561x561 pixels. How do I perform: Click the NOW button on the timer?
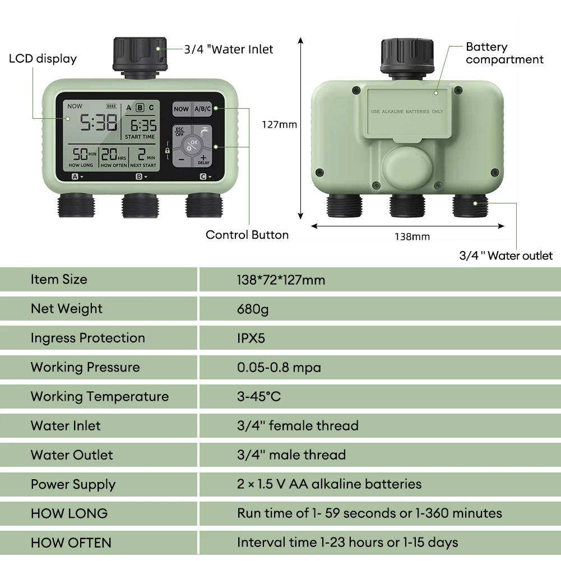[181, 109]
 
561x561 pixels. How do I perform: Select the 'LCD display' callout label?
[43, 59]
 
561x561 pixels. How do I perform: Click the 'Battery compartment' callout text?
[504, 53]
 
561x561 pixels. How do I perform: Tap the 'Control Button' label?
[247, 235]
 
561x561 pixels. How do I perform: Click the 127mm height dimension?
[279, 124]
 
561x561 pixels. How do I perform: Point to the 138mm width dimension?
[412, 237]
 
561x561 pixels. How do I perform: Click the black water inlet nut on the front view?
[140, 53]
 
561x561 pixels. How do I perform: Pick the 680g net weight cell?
[253, 309]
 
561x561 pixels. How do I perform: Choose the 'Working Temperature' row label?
[99, 396]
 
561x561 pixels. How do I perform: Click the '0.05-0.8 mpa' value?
[279, 367]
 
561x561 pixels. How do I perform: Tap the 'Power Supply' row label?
[73, 484]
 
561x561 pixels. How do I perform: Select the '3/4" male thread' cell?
[291, 455]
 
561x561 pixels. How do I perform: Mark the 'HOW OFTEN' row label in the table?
[71, 543]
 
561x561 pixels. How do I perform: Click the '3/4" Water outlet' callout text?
[506, 256]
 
